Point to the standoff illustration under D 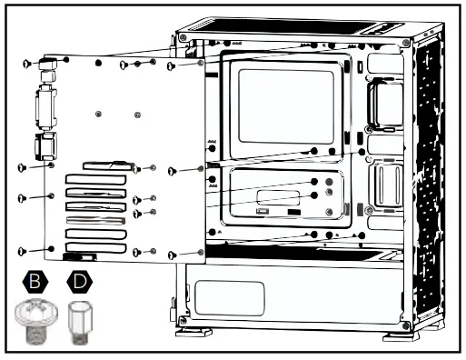coord(80,323)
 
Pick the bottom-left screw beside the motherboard coord(24,249)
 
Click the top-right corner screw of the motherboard coord(172,65)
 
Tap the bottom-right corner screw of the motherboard coord(172,251)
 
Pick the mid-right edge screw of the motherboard coord(172,171)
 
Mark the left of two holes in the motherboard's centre coord(97,114)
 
